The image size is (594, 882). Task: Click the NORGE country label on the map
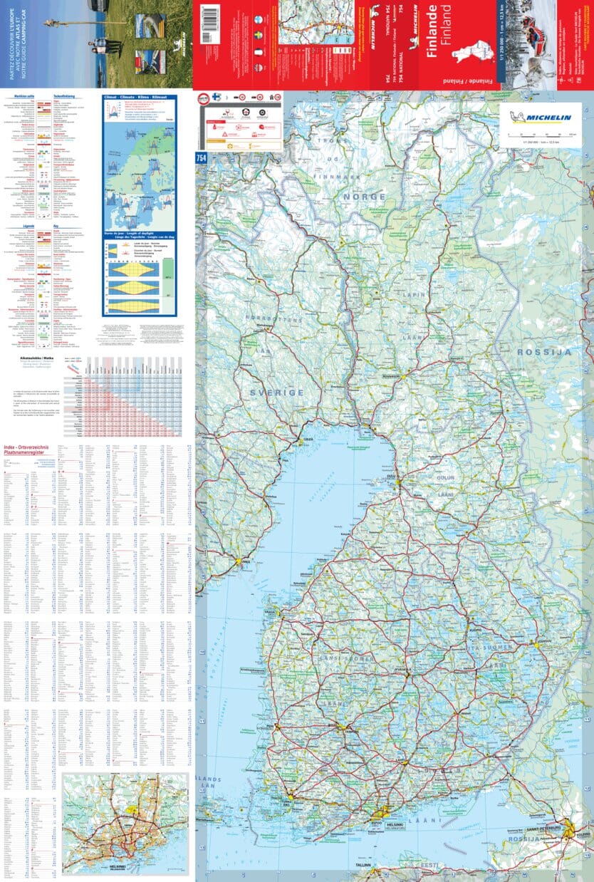coord(364,197)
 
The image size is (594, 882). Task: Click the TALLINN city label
coord(360,865)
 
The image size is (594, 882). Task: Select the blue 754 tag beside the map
coord(201,157)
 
